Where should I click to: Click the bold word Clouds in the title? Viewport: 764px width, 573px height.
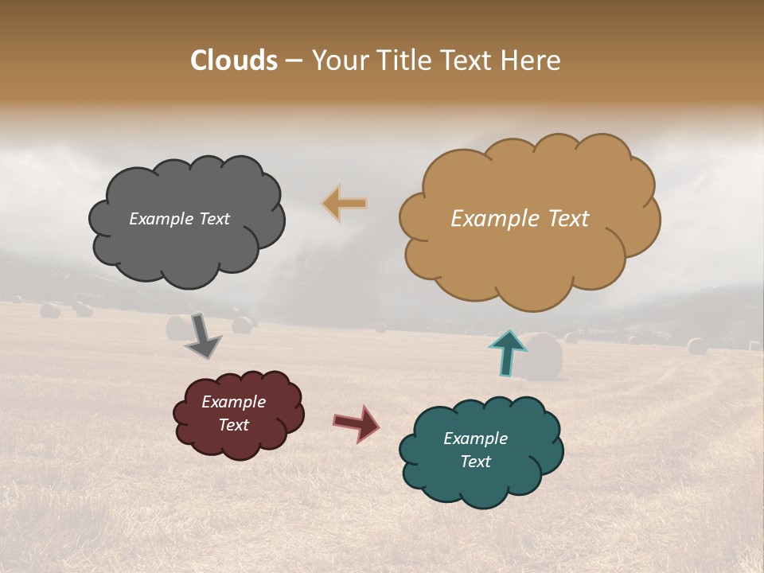tap(234, 60)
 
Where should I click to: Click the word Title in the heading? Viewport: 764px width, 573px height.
tap(403, 60)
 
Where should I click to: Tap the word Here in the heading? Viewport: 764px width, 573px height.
tap(531, 60)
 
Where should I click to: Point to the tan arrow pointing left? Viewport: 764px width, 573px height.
tap(345, 203)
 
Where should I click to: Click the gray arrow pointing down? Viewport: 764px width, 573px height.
tap(202, 336)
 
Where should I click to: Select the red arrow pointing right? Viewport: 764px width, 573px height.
tap(356, 423)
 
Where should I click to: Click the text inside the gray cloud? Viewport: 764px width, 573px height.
tap(179, 219)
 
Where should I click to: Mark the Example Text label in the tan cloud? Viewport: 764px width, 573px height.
tap(520, 219)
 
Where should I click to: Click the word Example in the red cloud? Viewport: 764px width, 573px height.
tap(233, 402)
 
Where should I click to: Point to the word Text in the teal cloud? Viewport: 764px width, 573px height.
tap(475, 462)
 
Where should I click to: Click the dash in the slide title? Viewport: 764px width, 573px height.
tap(294, 60)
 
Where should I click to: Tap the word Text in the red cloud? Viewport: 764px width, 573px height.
tap(233, 425)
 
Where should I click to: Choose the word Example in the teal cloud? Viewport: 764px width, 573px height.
tap(475, 439)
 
